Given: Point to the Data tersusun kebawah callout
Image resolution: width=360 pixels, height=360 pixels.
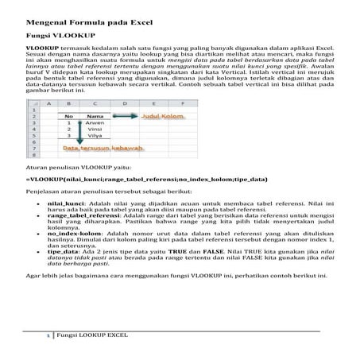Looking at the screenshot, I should pyautogui.click(x=104, y=149).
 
